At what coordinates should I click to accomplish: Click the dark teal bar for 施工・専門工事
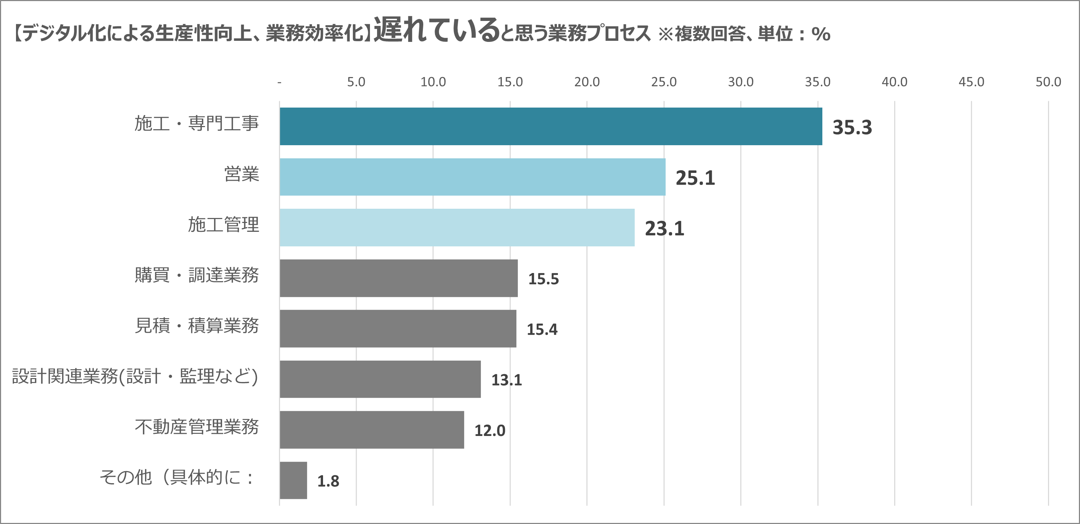pyautogui.click(x=550, y=126)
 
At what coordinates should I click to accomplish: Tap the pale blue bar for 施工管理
pyautogui.click(x=457, y=228)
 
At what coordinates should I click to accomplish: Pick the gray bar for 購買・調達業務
pyautogui.click(x=398, y=278)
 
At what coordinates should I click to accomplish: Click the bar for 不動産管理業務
pyautogui.click(x=371, y=430)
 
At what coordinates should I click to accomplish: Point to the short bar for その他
pyautogui.click(x=293, y=480)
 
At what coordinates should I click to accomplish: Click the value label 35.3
pyautogui.click(x=852, y=127)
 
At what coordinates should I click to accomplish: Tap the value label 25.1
pyautogui.click(x=695, y=178)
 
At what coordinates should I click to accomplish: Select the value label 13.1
pyautogui.click(x=506, y=380)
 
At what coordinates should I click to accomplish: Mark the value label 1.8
pyautogui.click(x=328, y=481)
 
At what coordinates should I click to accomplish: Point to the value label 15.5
pyautogui.click(x=543, y=279)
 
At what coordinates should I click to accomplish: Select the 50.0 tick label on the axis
pyautogui.click(x=1048, y=82)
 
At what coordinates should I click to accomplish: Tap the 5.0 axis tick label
pyautogui.click(x=356, y=82)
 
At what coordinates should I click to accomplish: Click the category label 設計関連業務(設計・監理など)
pyautogui.click(x=135, y=376)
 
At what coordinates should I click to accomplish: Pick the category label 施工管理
pyautogui.click(x=224, y=225)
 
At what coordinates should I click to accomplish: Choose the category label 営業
pyautogui.click(x=242, y=174)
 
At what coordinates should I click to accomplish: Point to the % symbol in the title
pyautogui.click(x=821, y=34)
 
